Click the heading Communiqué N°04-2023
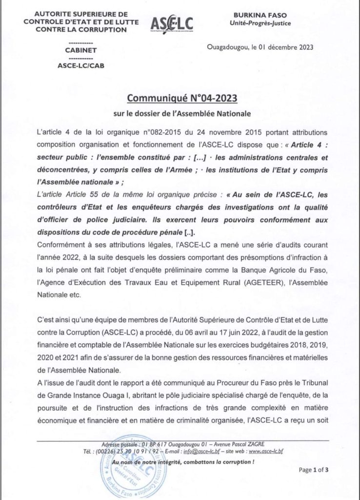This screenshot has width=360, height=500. pos(182,99)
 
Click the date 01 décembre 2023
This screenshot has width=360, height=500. pos(280,47)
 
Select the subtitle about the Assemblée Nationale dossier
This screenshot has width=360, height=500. pos(182,115)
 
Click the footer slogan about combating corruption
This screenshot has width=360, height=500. pos(183,461)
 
